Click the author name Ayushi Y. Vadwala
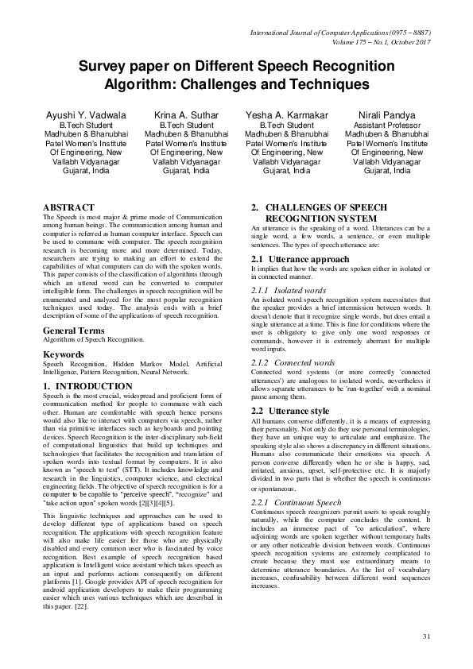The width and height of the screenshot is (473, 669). (x=86, y=115)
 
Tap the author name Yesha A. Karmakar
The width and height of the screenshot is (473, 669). (x=287, y=115)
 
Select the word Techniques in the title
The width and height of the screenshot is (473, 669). (x=331, y=83)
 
